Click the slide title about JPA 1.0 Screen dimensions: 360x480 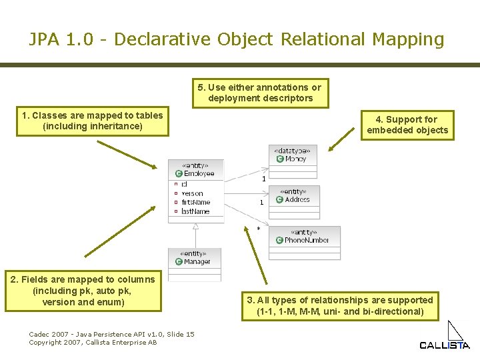236,39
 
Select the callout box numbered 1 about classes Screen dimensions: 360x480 93,121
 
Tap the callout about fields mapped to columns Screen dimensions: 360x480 83,291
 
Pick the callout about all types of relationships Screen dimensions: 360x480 340,305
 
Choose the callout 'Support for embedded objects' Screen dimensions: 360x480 407,125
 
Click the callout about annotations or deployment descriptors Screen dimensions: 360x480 260,93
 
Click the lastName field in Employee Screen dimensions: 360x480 195,211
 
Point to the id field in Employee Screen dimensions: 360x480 184,184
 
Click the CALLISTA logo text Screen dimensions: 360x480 444,345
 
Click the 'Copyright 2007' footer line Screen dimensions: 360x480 93,342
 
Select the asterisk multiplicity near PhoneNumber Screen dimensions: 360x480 259,229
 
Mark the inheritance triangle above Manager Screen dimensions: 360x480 195,226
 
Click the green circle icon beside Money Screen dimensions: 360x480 279,159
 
